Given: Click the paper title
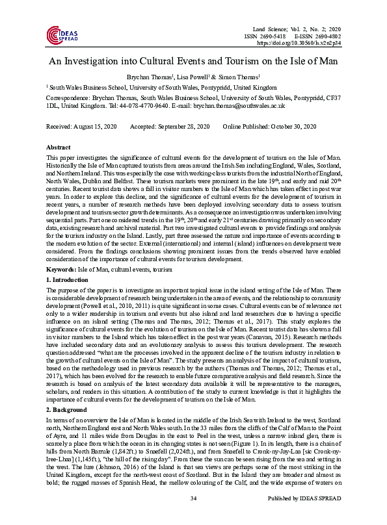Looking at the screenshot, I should click(x=193, y=62).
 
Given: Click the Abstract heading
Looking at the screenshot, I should click(x=59, y=148).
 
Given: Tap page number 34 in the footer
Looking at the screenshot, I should click(x=193, y=516).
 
